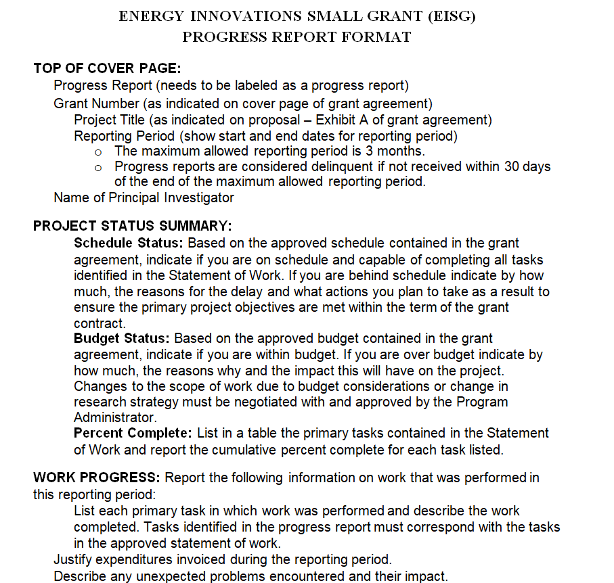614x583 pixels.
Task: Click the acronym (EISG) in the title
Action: click(x=447, y=16)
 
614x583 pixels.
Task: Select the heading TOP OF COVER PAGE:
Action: click(x=107, y=68)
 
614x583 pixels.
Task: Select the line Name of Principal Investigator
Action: click(x=144, y=197)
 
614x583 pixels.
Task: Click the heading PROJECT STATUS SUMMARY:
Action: click(x=133, y=226)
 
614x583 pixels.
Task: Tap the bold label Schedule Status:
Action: click(x=129, y=243)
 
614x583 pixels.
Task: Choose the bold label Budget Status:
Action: click(x=123, y=338)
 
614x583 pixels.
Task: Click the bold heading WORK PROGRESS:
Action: click(x=97, y=477)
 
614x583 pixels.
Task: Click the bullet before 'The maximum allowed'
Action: click(x=99, y=151)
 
